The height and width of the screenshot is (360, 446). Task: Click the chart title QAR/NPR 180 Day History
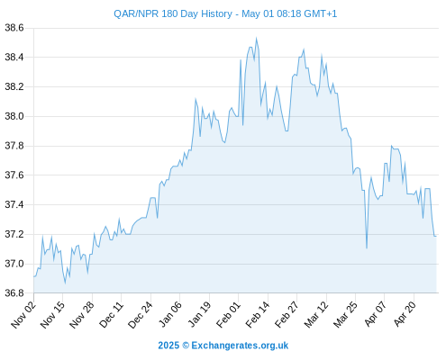(x=173, y=13)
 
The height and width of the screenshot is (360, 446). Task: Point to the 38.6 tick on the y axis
(x=14, y=28)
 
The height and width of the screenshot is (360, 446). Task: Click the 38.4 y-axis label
(x=14, y=57)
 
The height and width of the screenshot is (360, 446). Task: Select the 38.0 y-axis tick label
(x=14, y=116)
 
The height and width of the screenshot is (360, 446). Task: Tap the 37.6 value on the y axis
(x=14, y=175)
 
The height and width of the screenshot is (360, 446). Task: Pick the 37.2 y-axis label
(x=14, y=234)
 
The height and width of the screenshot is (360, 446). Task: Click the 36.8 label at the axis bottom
(x=14, y=292)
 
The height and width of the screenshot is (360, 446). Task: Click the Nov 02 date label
(x=23, y=315)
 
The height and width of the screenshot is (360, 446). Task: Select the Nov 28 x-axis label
(x=82, y=315)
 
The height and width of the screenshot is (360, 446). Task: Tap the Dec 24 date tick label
(x=141, y=315)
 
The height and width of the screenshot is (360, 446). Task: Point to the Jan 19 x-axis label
(x=199, y=315)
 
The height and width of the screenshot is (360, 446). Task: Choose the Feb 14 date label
(x=258, y=315)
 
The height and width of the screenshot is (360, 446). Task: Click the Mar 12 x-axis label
(x=316, y=315)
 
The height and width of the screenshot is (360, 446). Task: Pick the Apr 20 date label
(x=405, y=315)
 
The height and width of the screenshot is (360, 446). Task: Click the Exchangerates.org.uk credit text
(x=240, y=346)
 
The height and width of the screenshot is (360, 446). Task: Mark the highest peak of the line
(x=256, y=38)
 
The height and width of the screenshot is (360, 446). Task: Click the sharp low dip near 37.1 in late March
(x=367, y=248)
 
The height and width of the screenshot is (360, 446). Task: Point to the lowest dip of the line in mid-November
(x=65, y=283)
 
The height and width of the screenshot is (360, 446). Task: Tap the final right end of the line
(x=436, y=237)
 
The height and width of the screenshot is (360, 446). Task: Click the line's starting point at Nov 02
(x=34, y=276)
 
